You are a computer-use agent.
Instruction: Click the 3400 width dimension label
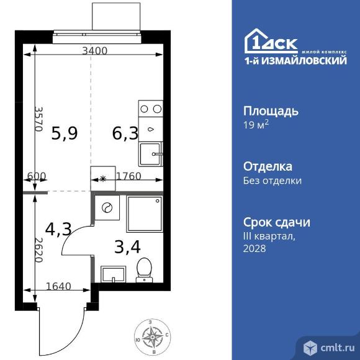pos(95,51)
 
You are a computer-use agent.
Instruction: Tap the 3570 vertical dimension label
pos(38,119)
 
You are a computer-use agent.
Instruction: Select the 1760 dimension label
pos(128,176)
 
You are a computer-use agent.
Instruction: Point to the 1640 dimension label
pos(58,286)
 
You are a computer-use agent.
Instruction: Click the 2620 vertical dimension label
pos(38,250)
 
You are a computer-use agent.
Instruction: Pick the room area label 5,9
pos(65,133)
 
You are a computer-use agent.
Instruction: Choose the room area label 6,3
pos(125,133)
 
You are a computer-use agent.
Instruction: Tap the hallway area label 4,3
pos(58,230)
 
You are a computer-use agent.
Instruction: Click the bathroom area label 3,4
pos(127,247)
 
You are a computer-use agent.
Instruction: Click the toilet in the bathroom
pos(144,270)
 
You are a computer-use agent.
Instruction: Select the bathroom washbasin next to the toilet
pos(114,274)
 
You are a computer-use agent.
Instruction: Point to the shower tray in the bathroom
pos(145,214)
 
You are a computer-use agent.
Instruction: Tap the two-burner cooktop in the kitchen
pos(151,109)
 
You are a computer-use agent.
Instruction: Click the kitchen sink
pos(151,154)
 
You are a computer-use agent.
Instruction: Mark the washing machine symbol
pos(107,208)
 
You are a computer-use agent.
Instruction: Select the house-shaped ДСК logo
pos(271,41)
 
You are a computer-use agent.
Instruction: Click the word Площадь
pos(271,111)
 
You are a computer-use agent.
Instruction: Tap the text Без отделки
pos(272,181)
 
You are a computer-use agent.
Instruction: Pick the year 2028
pos(254,248)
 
